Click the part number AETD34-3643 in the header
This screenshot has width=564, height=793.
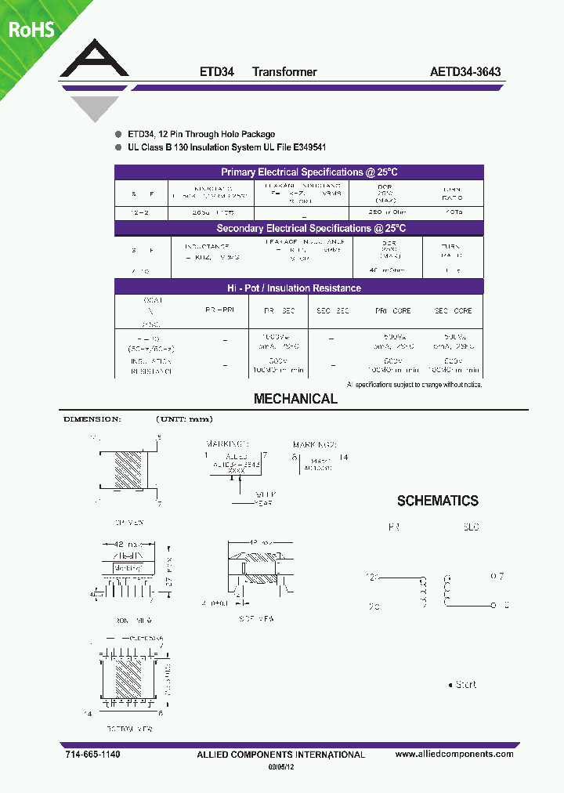[x=465, y=71]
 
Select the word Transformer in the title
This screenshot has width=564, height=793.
[x=284, y=71]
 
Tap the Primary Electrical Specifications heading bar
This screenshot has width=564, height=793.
[x=299, y=172]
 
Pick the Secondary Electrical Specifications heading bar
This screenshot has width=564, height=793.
[x=299, y=228]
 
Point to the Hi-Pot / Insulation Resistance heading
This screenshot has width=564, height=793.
[x=299, y=288]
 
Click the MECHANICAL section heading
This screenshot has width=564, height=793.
[x=295, y=399]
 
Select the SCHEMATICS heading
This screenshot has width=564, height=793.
[x=437, y=501]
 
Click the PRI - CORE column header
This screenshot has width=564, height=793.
[x=392, y=311]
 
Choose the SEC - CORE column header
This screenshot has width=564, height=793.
[x=454, y=311]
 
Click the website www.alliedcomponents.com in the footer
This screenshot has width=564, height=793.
[x=454, y=754]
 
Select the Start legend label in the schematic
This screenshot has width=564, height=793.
[x=465, y=684]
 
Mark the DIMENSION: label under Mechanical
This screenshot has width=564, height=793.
[x=92, y=419]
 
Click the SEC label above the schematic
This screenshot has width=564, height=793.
[x=471, y=527]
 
